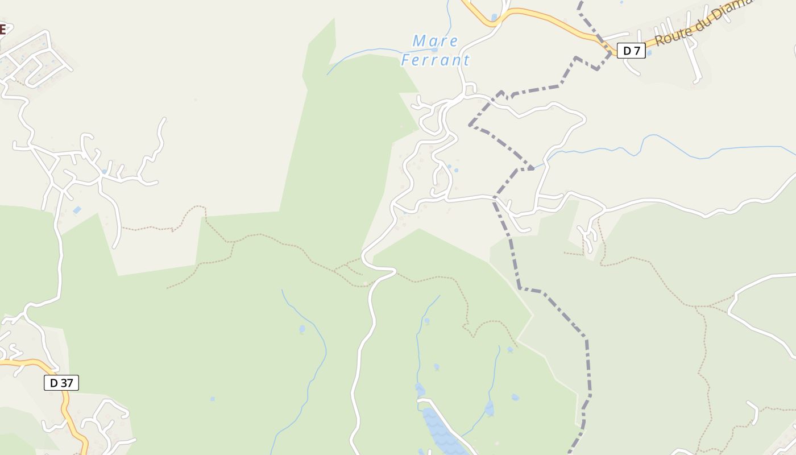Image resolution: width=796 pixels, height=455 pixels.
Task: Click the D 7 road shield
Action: pos(631,51)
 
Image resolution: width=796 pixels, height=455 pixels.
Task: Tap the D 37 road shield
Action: pos(61,383)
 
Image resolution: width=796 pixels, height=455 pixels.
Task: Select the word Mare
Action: pos(435,41)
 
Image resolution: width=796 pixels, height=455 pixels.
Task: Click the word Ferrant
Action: pos(436,60)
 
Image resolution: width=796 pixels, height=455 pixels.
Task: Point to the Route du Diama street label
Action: pos(703,23)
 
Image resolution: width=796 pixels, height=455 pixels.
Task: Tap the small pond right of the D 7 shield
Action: pos(649,53)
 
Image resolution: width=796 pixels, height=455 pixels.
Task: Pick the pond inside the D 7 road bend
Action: pos(494,17)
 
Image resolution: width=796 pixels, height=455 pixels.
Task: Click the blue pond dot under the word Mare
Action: pos(434,49)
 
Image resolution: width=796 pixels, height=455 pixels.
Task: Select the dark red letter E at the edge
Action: pos(2,29)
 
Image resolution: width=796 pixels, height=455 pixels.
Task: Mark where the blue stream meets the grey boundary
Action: pos(532,168)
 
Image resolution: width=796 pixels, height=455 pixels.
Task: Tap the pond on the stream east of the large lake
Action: pos(489,408)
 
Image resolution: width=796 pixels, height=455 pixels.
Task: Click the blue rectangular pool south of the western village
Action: pos(77,210)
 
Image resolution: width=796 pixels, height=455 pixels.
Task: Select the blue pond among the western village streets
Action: pos(104,171)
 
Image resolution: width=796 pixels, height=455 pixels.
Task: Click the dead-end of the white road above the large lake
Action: pos(420,402)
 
